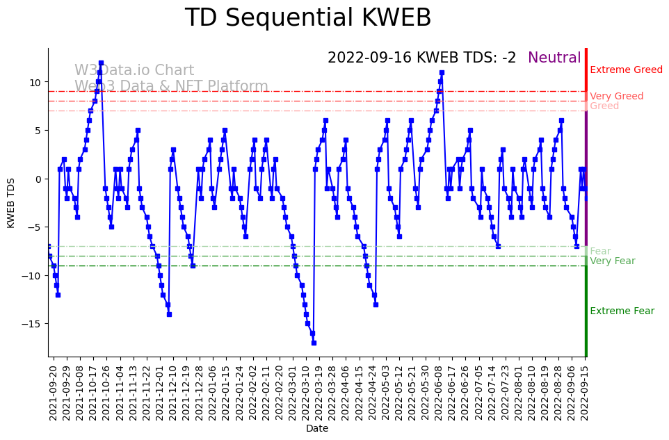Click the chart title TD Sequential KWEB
[x=307, y=18]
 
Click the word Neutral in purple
[x=554, y=58]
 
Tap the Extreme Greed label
[x=626, y=70]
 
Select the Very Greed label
[x=616, y=97]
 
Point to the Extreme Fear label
[x=622, y=311]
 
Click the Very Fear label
[x=612, y=261]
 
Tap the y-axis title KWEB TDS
[x=11, y=202]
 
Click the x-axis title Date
[x=317, y=429]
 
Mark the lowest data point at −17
[x=314, y=343]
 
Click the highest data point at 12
[x=101, y=63]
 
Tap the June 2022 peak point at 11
[x=442, y=72]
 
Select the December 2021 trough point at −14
[x=169, y=314]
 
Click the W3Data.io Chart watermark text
[x=134, y=70]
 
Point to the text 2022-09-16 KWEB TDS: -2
[x=421, y=58]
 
